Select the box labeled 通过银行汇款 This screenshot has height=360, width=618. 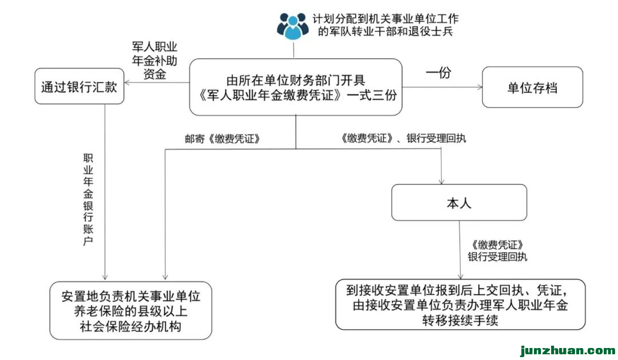(79, 87)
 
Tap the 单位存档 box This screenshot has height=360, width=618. (532, 88)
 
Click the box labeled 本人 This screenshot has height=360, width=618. (459, 203)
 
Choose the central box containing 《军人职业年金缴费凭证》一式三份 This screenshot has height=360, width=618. (295, 87)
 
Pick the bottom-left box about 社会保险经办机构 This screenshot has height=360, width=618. (130, 311)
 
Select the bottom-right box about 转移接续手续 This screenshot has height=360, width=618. (460, 304)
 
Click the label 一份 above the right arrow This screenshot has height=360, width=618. (438, 73)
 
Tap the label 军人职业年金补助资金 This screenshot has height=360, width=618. (150, 61)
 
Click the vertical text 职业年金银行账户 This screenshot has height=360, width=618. (88, 200)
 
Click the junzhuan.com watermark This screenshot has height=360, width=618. (566, 350)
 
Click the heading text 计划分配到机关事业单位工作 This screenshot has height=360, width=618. (389, 19)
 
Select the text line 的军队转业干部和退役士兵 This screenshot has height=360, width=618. (385, 33)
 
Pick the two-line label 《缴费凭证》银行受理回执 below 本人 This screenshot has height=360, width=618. (496, 251)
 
